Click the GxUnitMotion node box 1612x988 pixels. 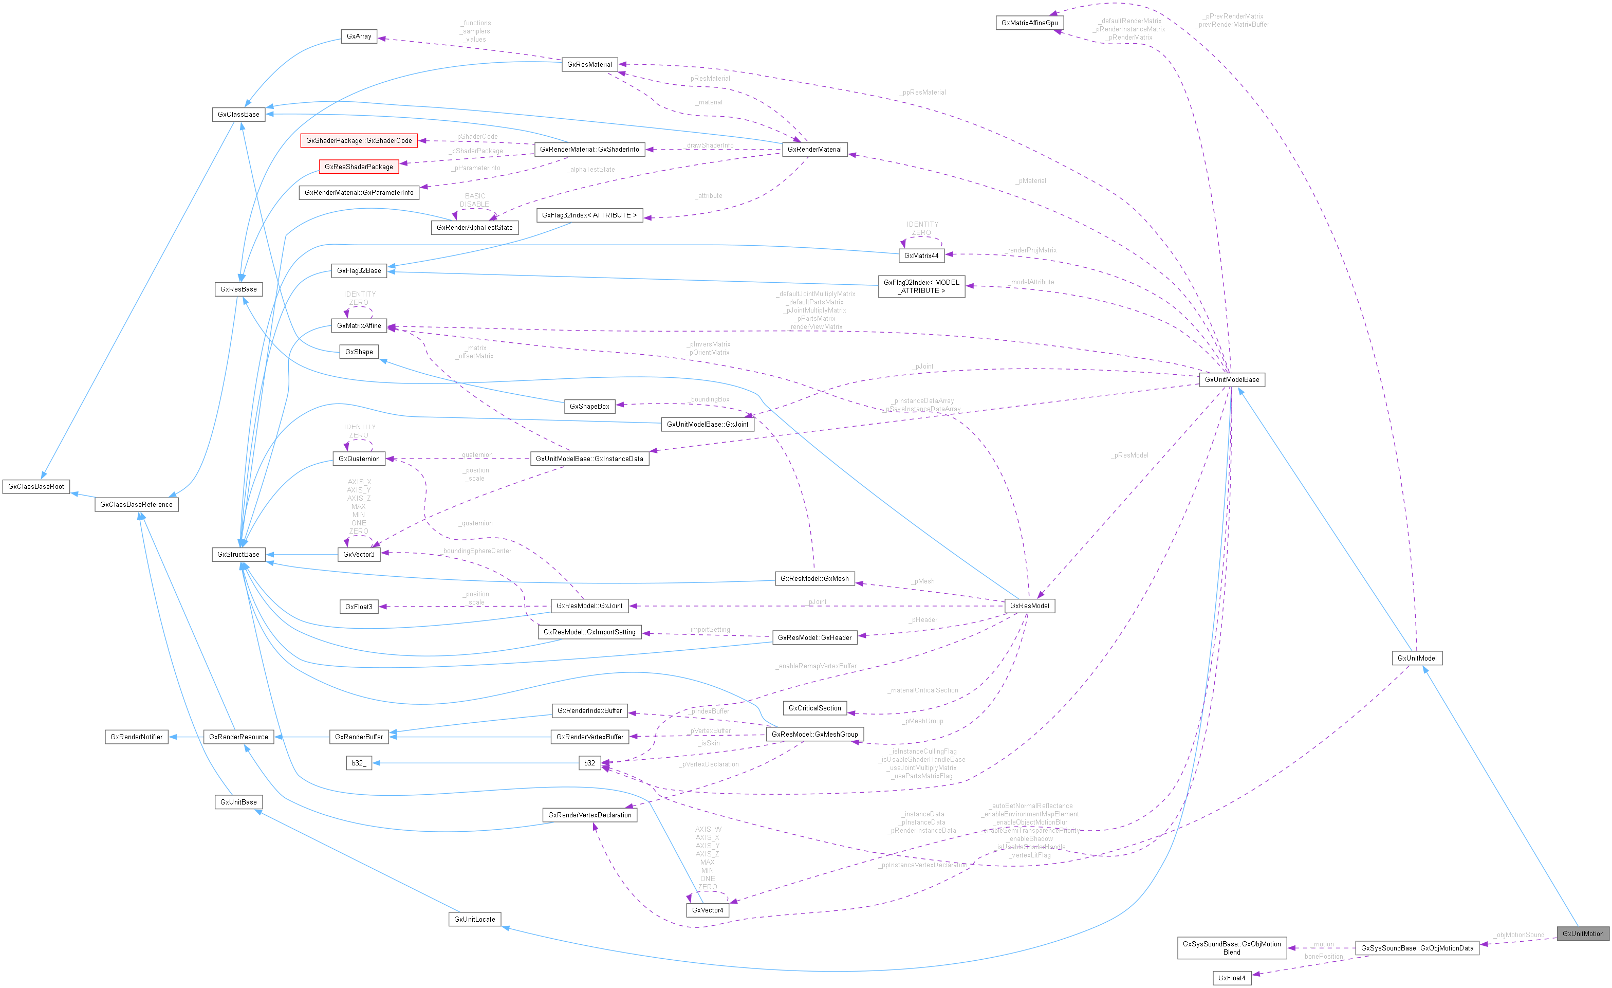click(x=1583, y=934)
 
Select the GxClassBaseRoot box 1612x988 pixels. click(x=36, y=487)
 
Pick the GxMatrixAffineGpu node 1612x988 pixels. click(x=1029, y=23)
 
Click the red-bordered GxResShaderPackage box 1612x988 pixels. click(x=359, y=167)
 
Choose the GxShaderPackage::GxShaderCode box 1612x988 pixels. click(x=359, y=141)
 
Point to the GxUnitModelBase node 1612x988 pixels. click(x=1231, y=379)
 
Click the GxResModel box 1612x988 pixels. click(x=1029, y=606)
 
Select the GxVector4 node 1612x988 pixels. click(x=707, y=910)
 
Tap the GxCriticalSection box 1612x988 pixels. click(x=814, y=708)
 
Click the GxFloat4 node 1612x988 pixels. click(x=1231, y=978)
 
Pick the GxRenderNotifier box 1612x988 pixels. click(x=136, y=737)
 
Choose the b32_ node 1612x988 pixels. click(x=359, y=763)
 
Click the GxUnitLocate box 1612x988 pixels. click(x=474, y=919)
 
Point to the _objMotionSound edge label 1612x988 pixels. click(x=1519, y=935)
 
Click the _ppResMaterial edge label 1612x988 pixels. click(x=922, y=92)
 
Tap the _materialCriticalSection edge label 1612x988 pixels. click(x=922, y=690)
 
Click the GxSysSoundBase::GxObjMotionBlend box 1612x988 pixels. click(x=1231, y=948)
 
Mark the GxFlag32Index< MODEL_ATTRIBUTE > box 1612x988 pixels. click(x=921, y=287)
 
